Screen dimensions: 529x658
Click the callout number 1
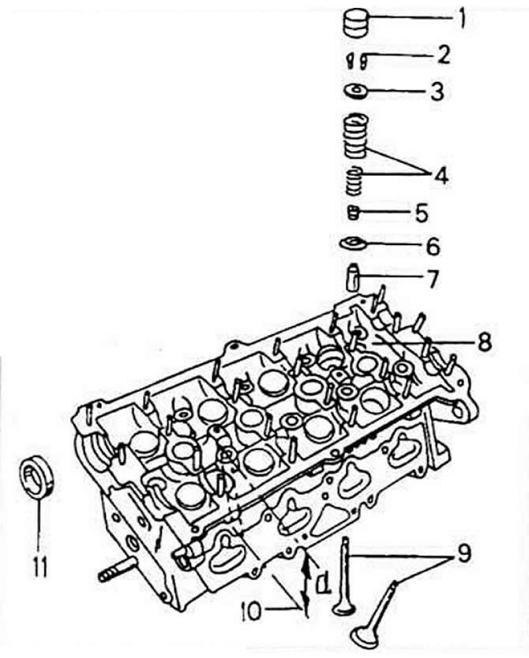[x=462, y=19]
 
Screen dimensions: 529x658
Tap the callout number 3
[x=437, y=91]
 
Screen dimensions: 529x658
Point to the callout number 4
[x=440, y=176]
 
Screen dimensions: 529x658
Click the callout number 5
[x=421, y=212]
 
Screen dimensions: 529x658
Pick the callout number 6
[x=433, y=247]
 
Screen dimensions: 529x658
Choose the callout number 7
[x=432, y=279]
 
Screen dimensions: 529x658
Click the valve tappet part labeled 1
[x=356, y=24]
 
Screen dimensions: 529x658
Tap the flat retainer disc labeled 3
[x=356, y=91]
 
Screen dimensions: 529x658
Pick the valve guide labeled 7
[x=353, y=277]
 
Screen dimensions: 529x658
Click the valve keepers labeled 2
[x=356, y=60]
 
